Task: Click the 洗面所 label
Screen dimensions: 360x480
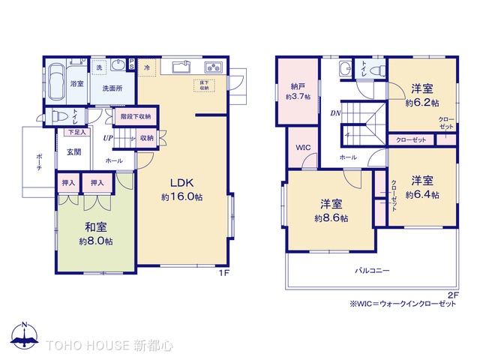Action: click(112, 88)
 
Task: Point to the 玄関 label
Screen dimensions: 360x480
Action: click(73, 152)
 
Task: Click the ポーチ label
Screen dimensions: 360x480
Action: click(37, 162)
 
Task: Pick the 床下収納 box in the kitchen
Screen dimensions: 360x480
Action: click(204, 85)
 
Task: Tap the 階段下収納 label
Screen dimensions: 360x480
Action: click(135, 116)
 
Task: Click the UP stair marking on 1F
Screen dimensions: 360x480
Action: click(108, 139)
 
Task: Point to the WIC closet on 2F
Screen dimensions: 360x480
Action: click(302, 148)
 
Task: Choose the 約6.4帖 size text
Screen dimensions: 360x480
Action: click(424, 195)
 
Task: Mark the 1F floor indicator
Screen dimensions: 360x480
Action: click(223, 273)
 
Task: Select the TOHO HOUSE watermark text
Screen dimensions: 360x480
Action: click(110, 346)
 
